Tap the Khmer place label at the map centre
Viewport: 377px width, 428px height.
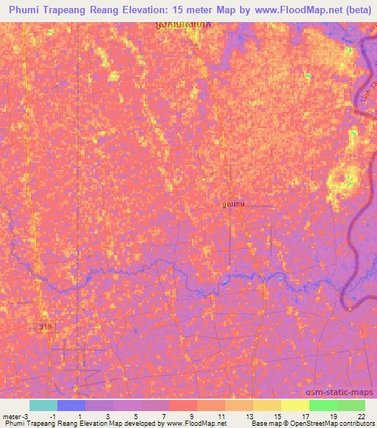(233, 204)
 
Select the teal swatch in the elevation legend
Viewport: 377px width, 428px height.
(43, 405)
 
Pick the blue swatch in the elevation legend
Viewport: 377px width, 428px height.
(71, 405)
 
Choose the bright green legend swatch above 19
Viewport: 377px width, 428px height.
(323, 405)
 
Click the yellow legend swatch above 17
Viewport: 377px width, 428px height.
(295, 405)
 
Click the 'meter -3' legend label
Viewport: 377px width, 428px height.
(15, 416)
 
